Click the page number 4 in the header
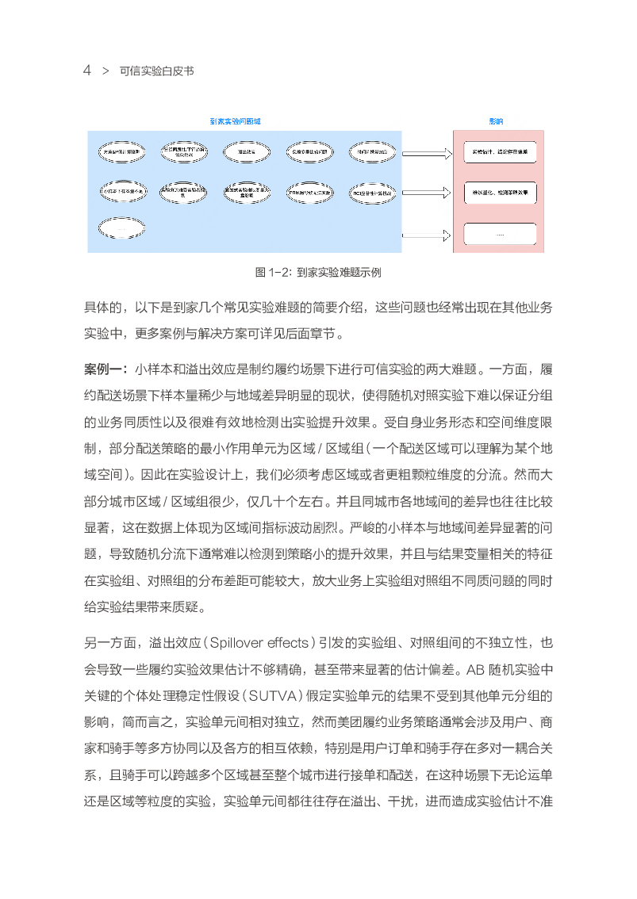[x=87, y=71]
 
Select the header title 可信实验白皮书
[x=156, y=71]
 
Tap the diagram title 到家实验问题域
[x=236, y=121]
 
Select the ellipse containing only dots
[x=122, y=228]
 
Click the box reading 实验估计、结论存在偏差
[x=500, y=151]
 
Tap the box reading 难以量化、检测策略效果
[x=500, y=192]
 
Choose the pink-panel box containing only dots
[x=500, y=235]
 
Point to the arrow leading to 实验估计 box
[x=425, y=151]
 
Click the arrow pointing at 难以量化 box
[x=425, y=193]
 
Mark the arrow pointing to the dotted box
[x=425, y=235]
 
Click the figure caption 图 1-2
[x=317, y=272]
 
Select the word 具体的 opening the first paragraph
[x=102, y=307]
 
